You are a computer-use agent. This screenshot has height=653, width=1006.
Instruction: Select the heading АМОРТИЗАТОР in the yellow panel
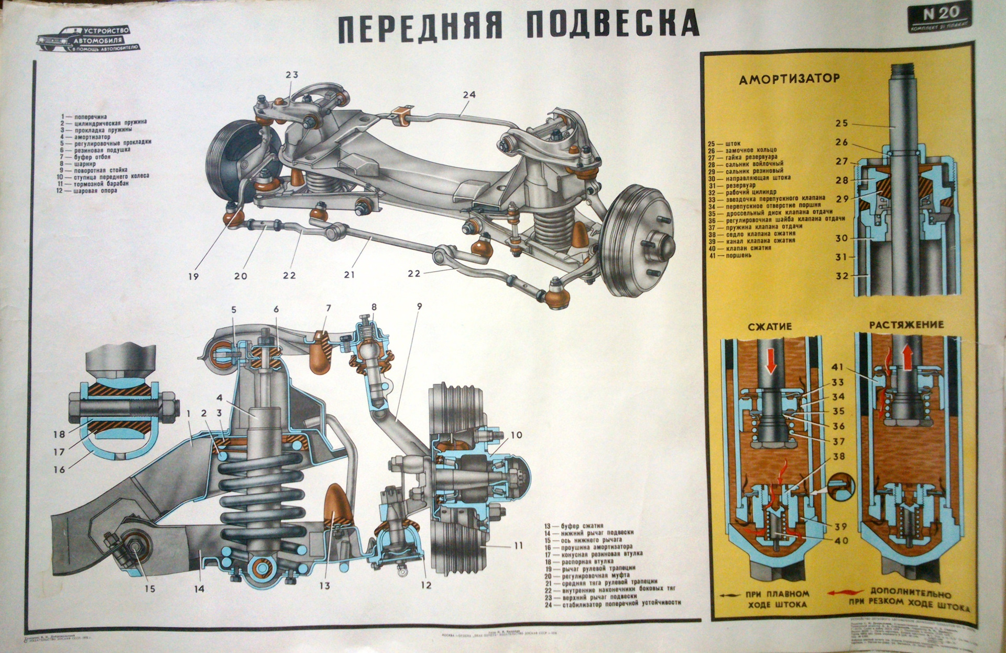[789, 79]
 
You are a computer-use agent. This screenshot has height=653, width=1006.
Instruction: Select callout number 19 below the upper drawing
[193, 276]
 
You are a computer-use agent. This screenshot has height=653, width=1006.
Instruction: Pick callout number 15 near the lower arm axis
[150, 589]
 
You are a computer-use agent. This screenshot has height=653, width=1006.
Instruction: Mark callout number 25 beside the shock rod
[841, 124]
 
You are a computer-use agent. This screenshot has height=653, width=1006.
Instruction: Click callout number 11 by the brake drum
[518, 546]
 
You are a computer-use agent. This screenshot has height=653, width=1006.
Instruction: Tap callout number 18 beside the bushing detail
[59, 434]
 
